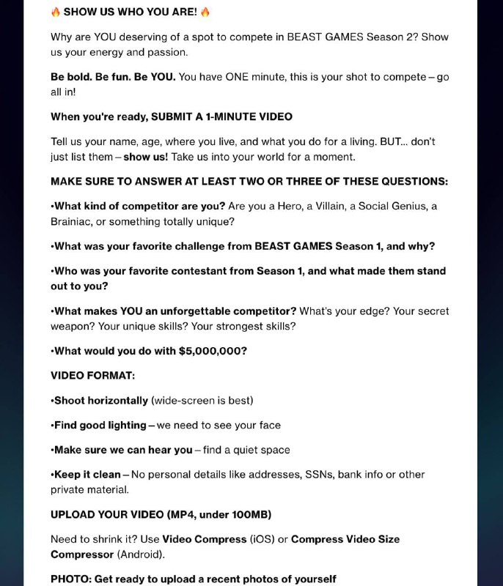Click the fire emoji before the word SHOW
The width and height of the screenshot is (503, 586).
(x=56, y=12)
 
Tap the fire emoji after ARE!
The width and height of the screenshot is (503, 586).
(x=205, y=12)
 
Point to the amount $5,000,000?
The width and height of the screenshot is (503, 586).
(x=213, y=351)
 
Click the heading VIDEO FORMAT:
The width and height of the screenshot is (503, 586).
(x=93, y=376)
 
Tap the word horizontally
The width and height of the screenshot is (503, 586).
(x=117, y=401)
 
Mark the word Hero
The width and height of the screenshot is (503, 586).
(x=291, y=206)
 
